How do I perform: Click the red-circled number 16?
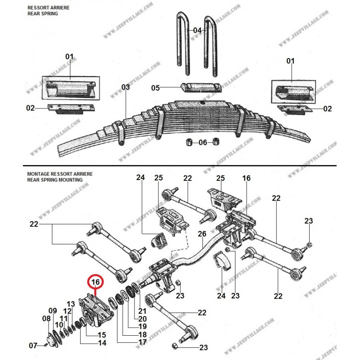click(x=95, y=282)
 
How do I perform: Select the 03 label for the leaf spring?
click(x=125, y=87)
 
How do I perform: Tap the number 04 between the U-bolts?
click(x=198, y=30)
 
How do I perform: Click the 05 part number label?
click(x=156, y=88)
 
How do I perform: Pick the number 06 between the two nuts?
click(x=203, y=143)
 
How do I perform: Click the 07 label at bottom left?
click(x=33, y=346)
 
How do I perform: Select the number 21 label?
click(x=142, y=311)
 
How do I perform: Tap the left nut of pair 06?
click(x=189, y=143)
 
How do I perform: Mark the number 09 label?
click(x=53, y=310)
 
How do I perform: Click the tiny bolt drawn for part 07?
click(x=46, y=345)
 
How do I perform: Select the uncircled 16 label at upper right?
click(x=246, y=179)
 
